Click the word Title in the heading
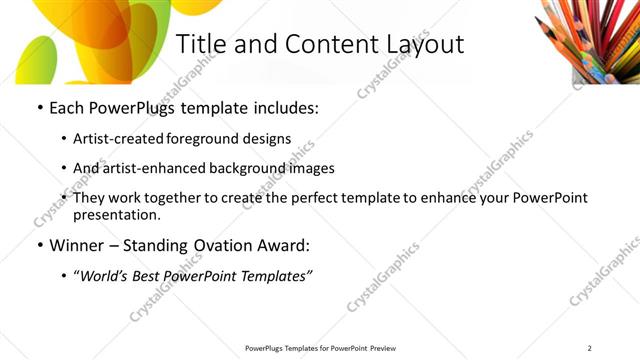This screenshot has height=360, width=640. pos(200,45)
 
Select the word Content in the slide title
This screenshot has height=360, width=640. pos(315,45)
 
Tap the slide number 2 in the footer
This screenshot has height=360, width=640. pos(590,348)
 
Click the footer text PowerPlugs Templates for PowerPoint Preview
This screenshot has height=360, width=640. pos(321,348)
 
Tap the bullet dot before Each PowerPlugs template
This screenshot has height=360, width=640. pos(38,107)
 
